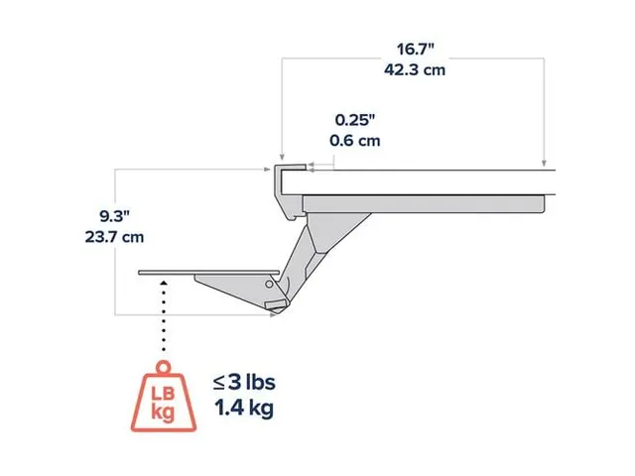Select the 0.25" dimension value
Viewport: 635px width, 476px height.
point(354,120)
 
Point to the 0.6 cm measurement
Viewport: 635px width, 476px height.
point(354,140)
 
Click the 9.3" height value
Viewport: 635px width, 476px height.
point(116,216)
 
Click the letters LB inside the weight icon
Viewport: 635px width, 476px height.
point(163,394)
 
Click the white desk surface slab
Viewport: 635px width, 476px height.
point(427,182)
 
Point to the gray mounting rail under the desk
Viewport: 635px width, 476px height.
point(427,202)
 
